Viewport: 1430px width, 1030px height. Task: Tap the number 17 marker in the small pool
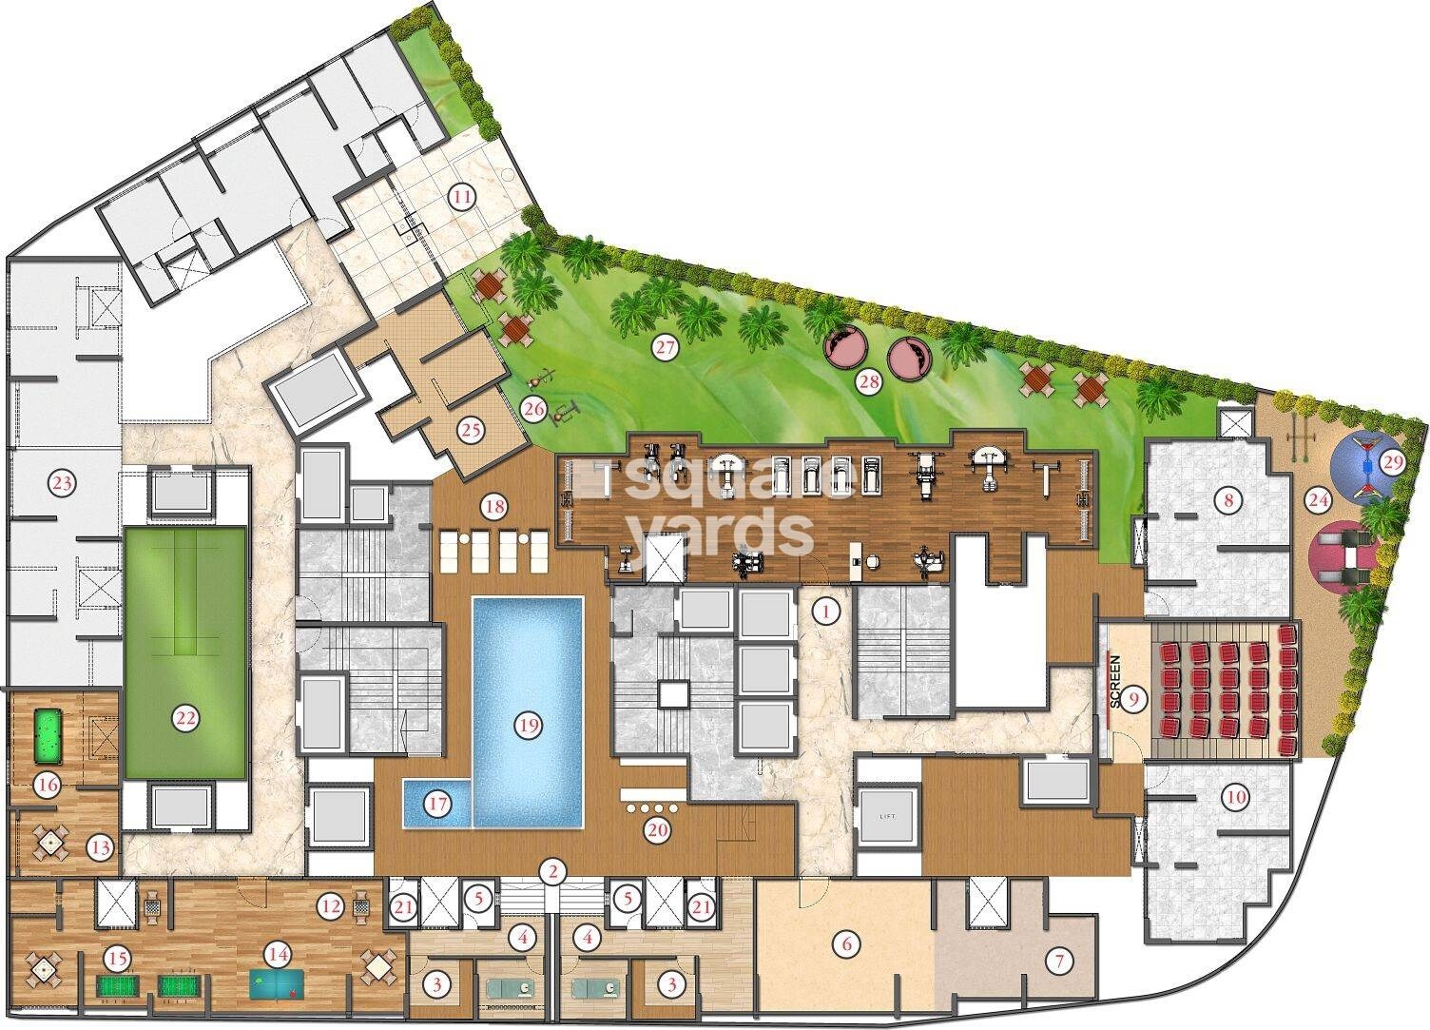[436, 804]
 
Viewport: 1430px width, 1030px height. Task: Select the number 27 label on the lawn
[664, 348]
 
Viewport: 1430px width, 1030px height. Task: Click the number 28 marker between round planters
[868, 382]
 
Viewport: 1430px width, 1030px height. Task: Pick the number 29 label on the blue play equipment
[1393, 463]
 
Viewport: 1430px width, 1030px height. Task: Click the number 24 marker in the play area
[1317, 496]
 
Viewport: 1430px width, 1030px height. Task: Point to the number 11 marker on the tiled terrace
[462, 198]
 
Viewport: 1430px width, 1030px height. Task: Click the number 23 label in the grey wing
[63, 484]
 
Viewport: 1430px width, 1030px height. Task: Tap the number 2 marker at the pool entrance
[551, 869]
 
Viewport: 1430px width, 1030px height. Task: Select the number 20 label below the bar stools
[657, 829]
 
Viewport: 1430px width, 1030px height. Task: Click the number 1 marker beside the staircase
[828, 612]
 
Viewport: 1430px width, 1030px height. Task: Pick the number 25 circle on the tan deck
[471, 430]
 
